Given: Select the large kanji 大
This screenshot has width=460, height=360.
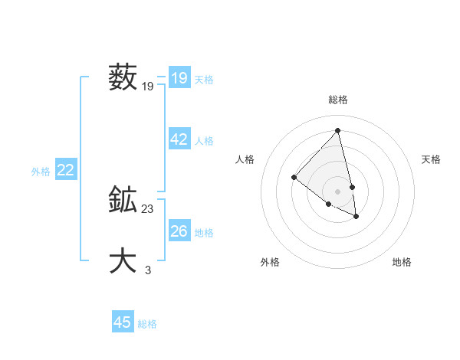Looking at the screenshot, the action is click(123, 260).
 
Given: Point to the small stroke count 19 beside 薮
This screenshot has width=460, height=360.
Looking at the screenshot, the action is click(148, 87).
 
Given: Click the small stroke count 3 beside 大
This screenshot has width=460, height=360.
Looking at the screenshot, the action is click(148, 270).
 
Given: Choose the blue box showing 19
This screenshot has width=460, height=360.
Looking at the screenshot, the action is click(179, 78).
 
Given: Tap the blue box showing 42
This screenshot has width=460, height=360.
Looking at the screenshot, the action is click(179, 139).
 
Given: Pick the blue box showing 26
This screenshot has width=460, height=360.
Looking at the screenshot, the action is click(179, 231).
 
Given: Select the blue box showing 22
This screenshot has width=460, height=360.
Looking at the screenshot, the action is click(65, 170).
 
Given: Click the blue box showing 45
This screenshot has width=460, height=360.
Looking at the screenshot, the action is click(123, 322).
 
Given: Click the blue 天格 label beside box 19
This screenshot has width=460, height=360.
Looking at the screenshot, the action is click(204, 79).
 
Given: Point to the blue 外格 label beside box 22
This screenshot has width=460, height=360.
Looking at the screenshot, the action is click(41, 172).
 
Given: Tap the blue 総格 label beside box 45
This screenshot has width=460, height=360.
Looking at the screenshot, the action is click(147, 324).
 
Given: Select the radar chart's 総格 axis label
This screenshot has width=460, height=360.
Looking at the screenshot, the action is click(338, 100).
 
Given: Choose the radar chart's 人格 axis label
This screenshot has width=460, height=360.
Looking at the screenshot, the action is click(245, 159).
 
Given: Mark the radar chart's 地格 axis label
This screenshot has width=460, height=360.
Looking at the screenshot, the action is click(402, 262).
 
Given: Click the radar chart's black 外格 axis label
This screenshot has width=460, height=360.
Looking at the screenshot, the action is click(270, 262).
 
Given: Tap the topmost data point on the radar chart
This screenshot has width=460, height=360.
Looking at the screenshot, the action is click(338, 130).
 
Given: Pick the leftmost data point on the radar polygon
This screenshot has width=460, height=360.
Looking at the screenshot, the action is click(294, 177).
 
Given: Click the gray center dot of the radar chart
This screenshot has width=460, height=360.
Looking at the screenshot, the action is click(338, 191).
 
